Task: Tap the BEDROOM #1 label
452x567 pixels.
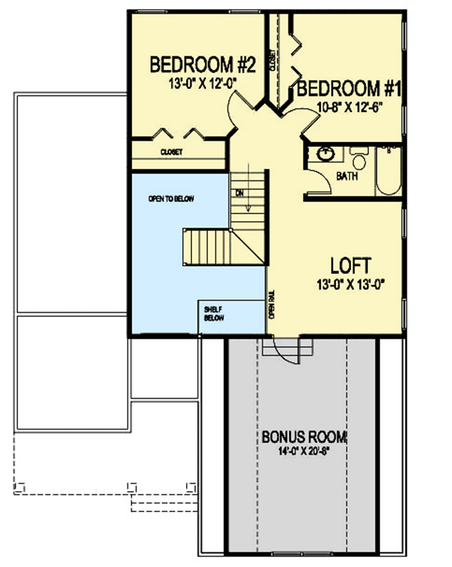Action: [350, 89]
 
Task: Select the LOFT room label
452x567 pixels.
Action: [350, 265]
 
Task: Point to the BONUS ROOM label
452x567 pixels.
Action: [299, 438]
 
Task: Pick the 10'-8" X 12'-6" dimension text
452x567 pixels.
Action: [350, 106]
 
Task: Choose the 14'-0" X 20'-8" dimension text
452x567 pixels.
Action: [299, 452]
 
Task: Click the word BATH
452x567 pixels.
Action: [347, 176]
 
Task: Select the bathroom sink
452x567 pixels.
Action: [326, 155]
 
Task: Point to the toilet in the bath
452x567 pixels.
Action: [359, 160]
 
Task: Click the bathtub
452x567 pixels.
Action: [388, 171]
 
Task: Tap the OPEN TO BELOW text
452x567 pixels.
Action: [171, 199]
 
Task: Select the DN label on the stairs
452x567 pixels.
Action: [240, 193]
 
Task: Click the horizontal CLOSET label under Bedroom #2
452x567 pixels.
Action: [171, 151]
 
